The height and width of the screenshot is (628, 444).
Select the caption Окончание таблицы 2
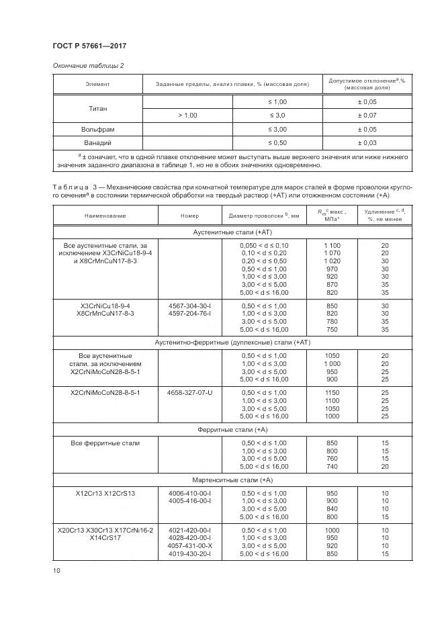(x=88, y=65)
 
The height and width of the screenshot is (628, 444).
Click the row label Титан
(x=98, y=108)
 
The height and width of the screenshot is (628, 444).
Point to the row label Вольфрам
(x=98, y=129)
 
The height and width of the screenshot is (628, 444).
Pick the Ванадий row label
(x=98, y=143)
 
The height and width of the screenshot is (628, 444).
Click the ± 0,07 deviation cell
(x=367, y=116)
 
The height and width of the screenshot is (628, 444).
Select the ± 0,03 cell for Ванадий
(x=367, y=143)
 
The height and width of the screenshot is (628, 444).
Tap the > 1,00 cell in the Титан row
(x=187, y=116)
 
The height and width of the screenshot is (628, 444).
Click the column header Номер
(x=189, y=216)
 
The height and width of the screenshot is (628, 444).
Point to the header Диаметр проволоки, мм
(x=258, y=216)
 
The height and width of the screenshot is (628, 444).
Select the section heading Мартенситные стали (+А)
(x=232, y=480)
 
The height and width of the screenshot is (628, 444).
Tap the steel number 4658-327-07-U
(x=189, y=392)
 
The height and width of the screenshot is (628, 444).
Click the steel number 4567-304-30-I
(x=189, y=306)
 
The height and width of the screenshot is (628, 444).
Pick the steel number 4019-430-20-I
(x=189, y=554)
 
